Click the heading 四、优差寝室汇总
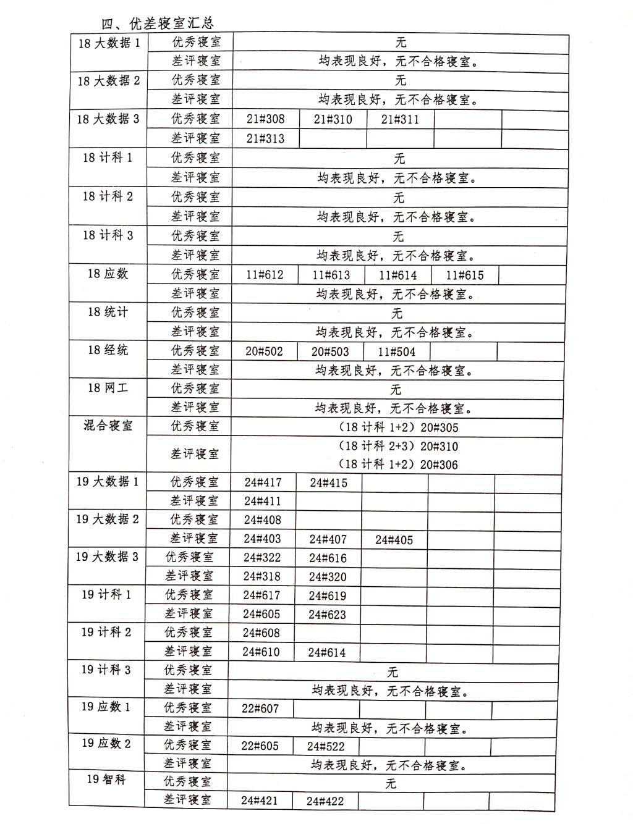click(x=158, y=23)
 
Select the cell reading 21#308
click(x=265, y=119)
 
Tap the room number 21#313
click(x=265, y=138)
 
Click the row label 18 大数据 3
click(x=108, y=119)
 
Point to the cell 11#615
click(x=465, y=275)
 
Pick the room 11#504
click(x=397, y=352)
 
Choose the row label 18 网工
click(x=108, y=388)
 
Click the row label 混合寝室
click(x=108, y=426)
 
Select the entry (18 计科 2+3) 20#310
click(x=398, y=446)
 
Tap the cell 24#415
click(x=328, y=483)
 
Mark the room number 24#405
click(x=394, y=540)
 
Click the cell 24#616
click(x=328, y=558)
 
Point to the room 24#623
click(x=327, y=615)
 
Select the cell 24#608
click(x=261, y=633)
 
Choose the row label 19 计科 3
click(x=106, y=670)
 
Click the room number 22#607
click(x=260, y=708)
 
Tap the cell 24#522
click(x=326, y=746)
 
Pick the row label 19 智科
click(x=106, y=780)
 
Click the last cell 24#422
click(x=325, y=802)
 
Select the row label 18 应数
click(x=108, y=274)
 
